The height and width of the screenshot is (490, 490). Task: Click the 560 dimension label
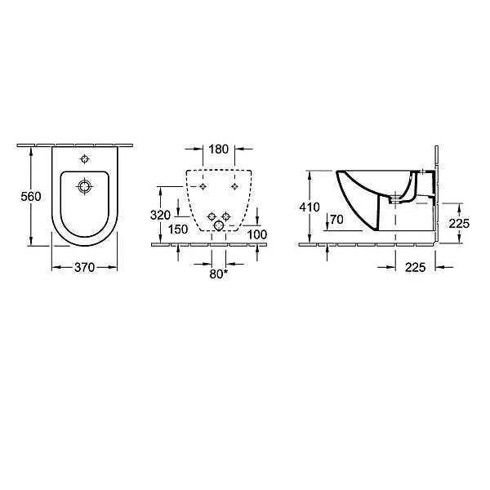pos(31,197)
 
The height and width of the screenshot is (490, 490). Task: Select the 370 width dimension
pos(84,267)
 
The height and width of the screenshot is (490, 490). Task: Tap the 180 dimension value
pos(218,149)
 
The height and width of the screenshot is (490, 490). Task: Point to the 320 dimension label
pos(160,215)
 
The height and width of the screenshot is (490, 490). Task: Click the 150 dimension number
pos(178,229)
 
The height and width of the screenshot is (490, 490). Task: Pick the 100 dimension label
pos(257,234)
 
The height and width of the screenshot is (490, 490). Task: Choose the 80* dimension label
pos(218,274)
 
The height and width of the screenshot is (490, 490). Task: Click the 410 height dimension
pos(310,207)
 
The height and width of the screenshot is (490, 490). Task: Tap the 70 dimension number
pos(336,220)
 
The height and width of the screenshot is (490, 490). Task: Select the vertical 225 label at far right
pos(459,224)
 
